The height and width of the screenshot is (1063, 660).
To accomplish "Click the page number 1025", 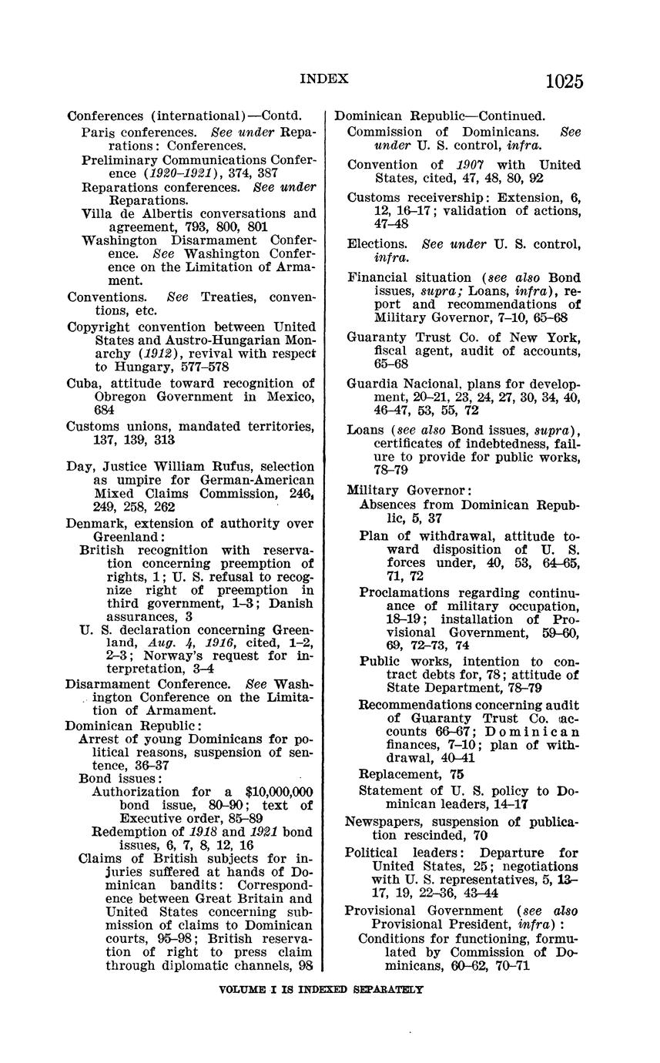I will [x=564, y=82].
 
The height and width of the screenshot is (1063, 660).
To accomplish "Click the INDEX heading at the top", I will [x=323, y=79].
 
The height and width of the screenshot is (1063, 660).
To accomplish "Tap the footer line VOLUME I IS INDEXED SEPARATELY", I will [x=321, y=990].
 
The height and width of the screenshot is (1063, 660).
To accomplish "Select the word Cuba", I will [x=82, y=384].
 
